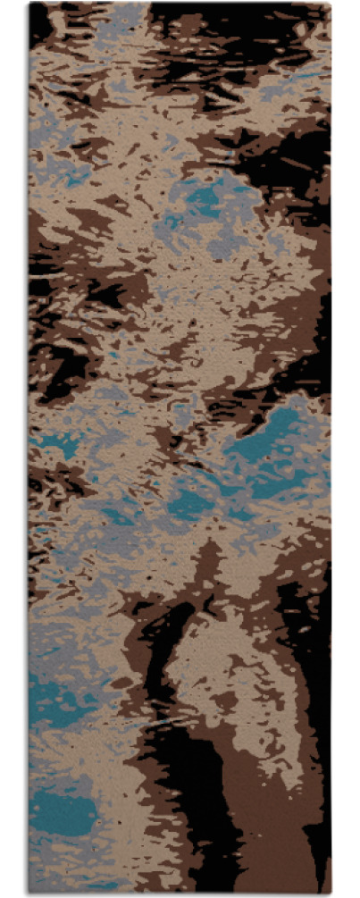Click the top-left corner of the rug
(29, 4)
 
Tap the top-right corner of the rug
(331, 4)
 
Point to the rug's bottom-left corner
(29, 893)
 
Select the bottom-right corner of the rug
(331, 893)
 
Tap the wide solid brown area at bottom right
(277, 831)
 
